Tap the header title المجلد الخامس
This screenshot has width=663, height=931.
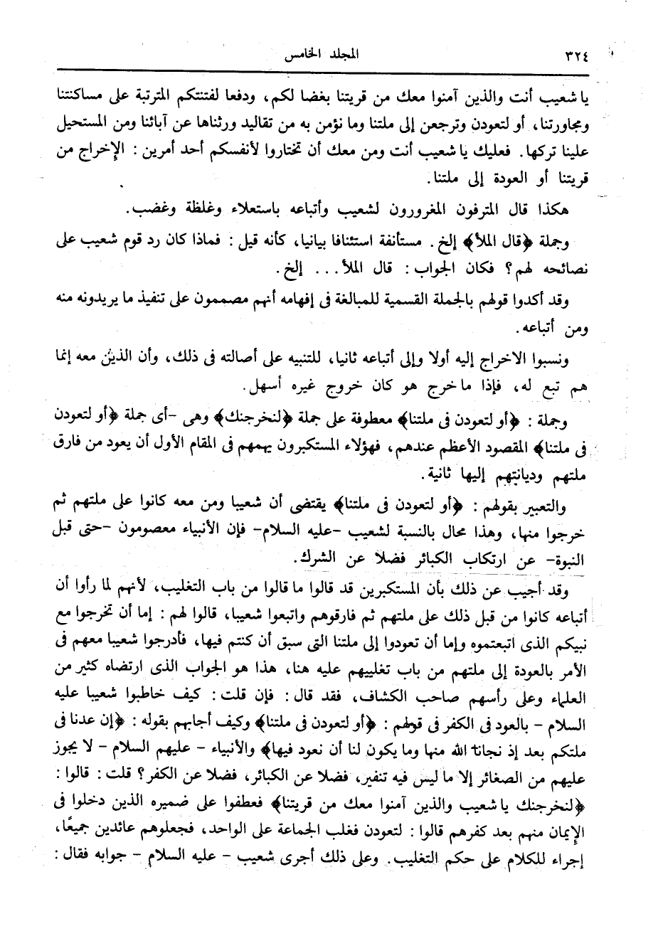(294, 54)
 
